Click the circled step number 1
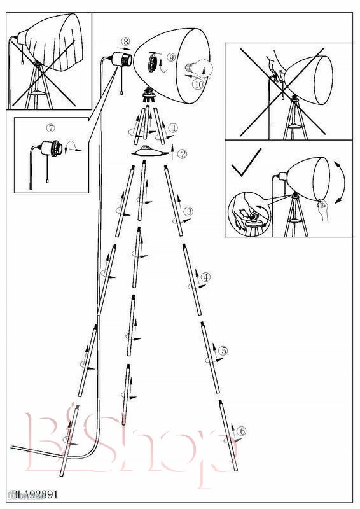coord(174,128)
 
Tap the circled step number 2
coord(183,153)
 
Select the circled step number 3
coord(189,212)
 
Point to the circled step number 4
coord(206,277)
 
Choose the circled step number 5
coord(223,351)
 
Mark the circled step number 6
coord(242,431)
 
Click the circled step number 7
coord(50,128)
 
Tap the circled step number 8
coord(126,41)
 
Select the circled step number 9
coord(171,57)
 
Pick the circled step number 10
coord(198,84)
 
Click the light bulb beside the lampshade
coord(198,68)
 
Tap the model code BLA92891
coord(35,494)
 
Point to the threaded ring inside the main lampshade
coord(153,62)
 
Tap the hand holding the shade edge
coord(322,209)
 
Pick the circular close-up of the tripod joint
coord(249,214)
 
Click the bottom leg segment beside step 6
coord(228,435)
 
